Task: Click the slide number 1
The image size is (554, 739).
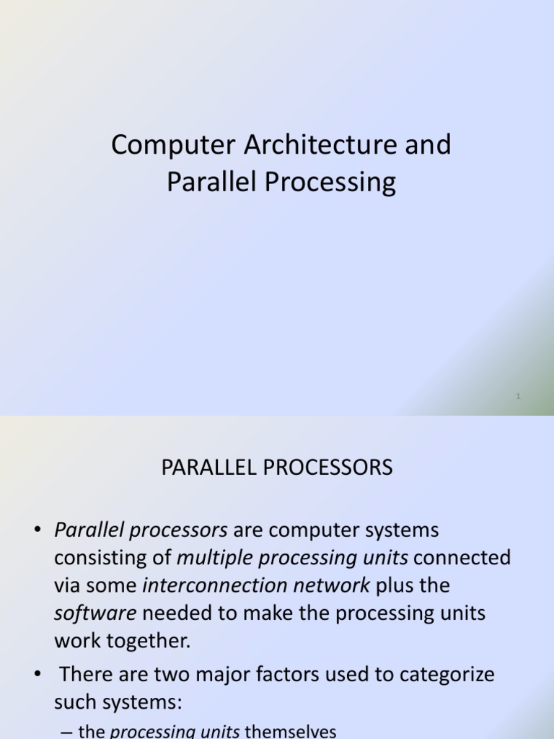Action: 519,396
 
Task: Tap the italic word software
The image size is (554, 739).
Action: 95,613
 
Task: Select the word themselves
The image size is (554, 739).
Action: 291,731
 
